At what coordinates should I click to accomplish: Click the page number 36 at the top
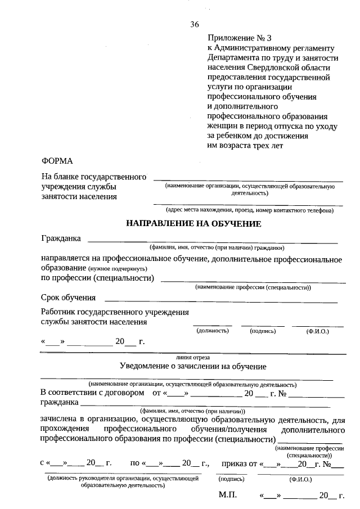(x=195, y=24)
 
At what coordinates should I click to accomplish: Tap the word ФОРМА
(x=57, y=161)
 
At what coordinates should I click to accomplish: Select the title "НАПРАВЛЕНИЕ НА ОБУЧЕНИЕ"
(x=193, y=224)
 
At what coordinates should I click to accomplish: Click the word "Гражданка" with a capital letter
(x=61, y=238)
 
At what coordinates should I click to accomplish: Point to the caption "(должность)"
(x=213, y=331)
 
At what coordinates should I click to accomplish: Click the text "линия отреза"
(x=193, y=357)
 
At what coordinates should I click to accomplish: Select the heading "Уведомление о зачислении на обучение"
(x=193, y=367)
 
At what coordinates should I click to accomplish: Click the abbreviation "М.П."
(x=228, y=496)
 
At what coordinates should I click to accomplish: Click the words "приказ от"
(x=240, y=464)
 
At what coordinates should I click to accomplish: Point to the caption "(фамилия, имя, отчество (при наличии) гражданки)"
(x=217, y=247)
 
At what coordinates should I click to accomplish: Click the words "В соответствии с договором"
(x=92, y=393)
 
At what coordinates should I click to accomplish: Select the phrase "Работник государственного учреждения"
(x=115, y=312)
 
